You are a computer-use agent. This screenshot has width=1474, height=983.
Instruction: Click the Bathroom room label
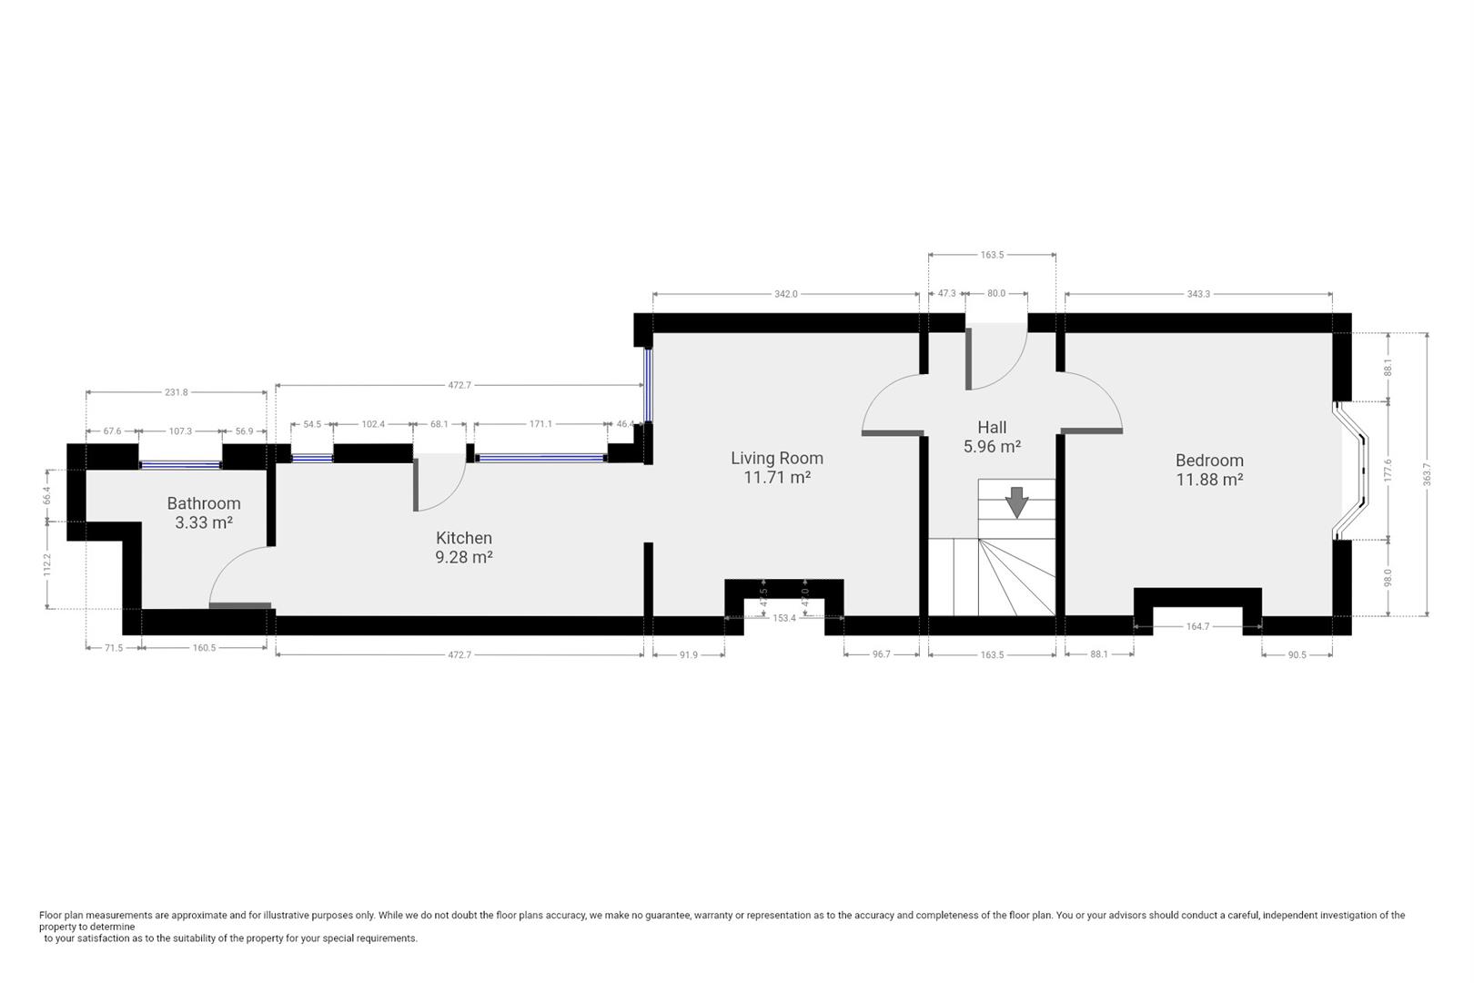point(203,503)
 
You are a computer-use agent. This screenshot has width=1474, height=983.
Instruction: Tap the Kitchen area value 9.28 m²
point(464,557)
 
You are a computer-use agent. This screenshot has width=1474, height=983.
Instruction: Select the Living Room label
point(776,458)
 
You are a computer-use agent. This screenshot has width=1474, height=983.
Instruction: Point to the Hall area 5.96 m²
point(992,446)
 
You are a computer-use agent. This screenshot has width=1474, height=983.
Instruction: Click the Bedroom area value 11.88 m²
point(1209,480)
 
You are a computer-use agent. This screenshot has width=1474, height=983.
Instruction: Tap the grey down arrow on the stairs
point(1016,502)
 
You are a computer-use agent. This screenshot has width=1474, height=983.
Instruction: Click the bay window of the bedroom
point(1350,471)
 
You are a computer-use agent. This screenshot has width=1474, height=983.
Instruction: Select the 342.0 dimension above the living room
point(786,294)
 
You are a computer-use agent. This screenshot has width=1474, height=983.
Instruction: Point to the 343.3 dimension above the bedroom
point(1198,294)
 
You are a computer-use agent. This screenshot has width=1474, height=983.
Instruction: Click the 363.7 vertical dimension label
point(1427,475)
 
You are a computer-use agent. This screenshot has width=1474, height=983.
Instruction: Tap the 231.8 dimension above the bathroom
point(177,392)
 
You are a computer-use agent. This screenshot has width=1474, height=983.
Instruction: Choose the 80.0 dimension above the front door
point(996,294)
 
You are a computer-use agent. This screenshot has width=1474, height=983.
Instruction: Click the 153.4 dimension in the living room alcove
point(784,618)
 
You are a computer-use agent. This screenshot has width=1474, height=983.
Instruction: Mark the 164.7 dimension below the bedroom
point(1197,626)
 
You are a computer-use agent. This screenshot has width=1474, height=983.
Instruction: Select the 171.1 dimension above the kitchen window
point(540,424)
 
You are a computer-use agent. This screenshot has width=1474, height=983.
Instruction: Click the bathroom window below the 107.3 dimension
point(180,465)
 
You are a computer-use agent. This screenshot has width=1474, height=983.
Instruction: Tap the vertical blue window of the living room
point(648,384)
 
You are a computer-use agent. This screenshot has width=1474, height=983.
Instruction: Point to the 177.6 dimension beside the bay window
point(1388,471)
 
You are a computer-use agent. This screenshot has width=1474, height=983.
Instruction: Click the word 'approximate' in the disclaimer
point(199,915)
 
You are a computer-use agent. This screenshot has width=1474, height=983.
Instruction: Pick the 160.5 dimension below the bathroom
point(204,648)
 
